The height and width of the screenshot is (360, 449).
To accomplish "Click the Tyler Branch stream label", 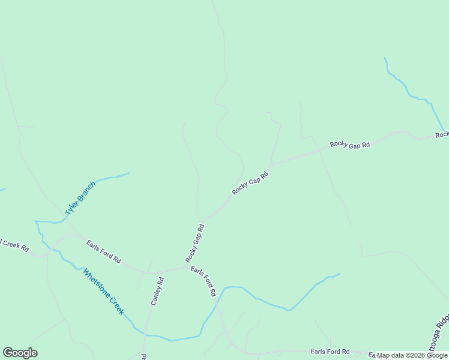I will [80, 199].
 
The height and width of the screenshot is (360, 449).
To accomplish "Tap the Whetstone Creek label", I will [103, 292].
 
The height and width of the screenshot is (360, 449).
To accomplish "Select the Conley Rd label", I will [157, 291].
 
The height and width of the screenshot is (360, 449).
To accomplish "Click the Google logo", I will [20, 353].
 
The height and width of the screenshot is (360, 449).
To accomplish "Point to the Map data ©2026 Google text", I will [412, 355].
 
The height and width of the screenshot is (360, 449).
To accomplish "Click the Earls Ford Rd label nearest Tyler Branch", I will [103, 252].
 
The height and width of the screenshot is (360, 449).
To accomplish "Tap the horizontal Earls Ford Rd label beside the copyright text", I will [330, 352].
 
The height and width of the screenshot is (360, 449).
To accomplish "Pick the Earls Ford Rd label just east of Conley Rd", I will [203, 281].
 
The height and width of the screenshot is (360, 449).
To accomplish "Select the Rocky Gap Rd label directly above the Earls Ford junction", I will [195, 243].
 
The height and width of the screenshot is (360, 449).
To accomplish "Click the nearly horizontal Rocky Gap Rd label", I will [349, 145].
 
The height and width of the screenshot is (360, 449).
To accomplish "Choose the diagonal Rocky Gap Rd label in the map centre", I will [249, 182].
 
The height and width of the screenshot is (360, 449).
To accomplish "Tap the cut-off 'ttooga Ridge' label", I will [440, 336].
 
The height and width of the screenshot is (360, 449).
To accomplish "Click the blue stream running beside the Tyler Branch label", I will [111, 177].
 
